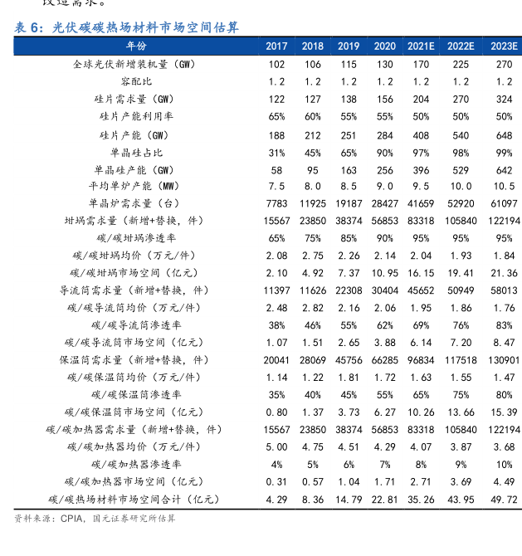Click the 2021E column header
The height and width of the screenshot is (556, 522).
tap(421, 46)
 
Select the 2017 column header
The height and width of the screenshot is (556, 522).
tap(277, 46)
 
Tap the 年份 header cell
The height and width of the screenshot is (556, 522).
tap(136, 46)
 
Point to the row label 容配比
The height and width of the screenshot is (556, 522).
tap(136, 81)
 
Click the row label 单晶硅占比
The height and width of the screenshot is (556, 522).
tap(136, 152)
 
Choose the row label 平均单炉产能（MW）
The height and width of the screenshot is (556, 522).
tap(136, 186)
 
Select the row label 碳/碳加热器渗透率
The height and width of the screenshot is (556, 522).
tap(136, 464)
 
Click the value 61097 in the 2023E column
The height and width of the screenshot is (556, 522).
tap(504, 203)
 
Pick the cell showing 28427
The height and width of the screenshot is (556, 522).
tap(384, 203)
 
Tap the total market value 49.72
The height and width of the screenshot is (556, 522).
tap(504, 499)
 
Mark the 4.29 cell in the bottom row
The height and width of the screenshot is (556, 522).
tap(277, 499)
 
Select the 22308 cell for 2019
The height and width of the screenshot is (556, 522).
tap(349, 290)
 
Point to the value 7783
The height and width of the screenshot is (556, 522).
tap(277, 203)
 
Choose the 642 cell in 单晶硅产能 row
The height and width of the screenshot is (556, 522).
tap(504, 169)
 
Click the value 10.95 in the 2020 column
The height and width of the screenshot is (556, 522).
tap(384, 273)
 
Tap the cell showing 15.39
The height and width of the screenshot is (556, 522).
tap(504, 412)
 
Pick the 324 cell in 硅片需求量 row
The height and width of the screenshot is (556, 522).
tap(504, 99)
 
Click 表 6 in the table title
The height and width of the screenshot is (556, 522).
tap(27, 27)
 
